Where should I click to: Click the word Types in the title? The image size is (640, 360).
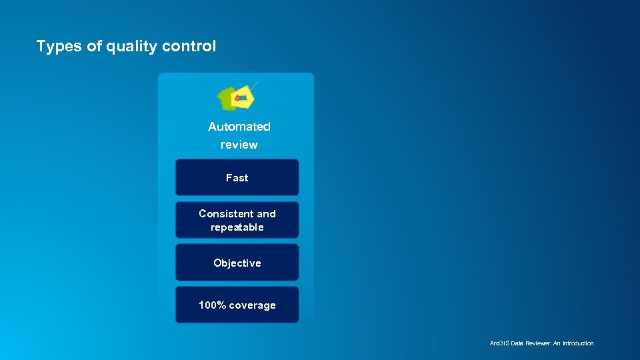pyautogui.click(x=59, y=47)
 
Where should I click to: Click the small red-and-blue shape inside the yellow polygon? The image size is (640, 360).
pyautogui.click(x=241, y=99)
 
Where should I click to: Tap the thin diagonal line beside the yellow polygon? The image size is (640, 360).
pyautogui.click(x=254, y=85)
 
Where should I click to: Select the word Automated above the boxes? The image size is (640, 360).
pyautogui.click(x=239, y=127)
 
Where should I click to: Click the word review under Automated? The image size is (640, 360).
pyautogui.click(x=239, y=145)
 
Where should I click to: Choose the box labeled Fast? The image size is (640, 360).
pyautogui.click(x=237, y=177)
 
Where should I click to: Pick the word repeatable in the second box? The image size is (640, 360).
pyautogui.click(x=237, y=227)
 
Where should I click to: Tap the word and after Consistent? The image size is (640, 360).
pyautogui.click(x=266, y=214)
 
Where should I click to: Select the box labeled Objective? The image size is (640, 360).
pyautogui.click(x=237, y=263)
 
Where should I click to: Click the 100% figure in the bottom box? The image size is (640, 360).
pyautogui.click(x=212, y=305)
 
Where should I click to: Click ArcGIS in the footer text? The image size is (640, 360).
pyautogui.click(x=499, y=343)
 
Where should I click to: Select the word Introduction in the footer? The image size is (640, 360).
pyautogui.click(x=577, y=343)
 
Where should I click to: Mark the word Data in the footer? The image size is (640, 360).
pyautogui.click(x=517, y=343)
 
